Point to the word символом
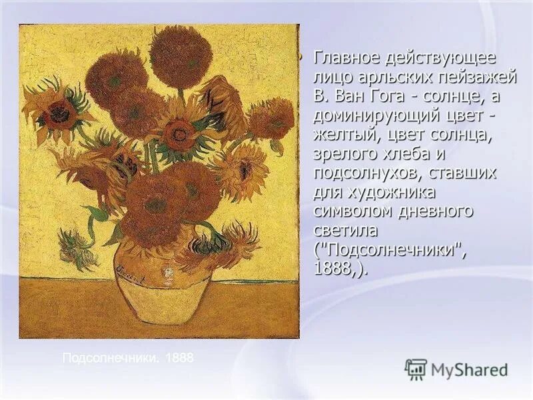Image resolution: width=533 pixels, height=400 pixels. coord(350,212)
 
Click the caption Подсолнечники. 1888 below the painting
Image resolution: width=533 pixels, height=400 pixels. coord(127,358)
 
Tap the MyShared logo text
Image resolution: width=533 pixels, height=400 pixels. coord(469,369)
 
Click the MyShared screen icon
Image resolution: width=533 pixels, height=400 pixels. coord(416,369)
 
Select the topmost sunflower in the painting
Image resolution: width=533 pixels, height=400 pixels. coord(179,54)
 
